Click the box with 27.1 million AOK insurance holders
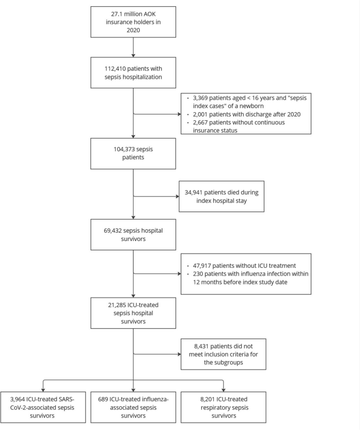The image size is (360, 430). coord(133,22)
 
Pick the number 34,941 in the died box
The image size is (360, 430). coord(198,192)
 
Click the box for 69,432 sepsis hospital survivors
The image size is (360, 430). coord(133,235)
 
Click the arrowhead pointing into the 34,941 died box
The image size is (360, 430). coord(178,197)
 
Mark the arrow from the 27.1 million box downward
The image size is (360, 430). coord(133,46)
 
